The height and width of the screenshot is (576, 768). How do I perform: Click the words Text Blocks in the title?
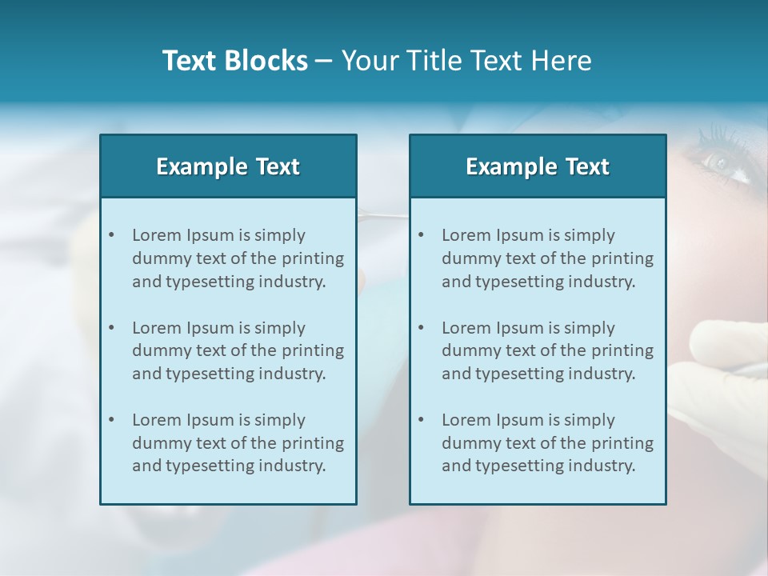(234, 61)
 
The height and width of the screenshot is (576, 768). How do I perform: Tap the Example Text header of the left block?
(228, 166)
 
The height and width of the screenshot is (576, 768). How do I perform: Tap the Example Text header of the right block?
(538, 166)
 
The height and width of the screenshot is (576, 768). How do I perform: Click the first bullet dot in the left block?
(111, 235)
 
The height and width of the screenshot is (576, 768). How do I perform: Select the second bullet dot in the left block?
(111, 328)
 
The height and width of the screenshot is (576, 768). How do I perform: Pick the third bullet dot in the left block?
(111, 420)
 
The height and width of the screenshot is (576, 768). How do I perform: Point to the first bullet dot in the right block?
(421, 235)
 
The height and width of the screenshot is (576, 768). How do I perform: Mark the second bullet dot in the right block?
(421, 328)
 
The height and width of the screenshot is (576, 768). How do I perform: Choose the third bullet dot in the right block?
(421, 420)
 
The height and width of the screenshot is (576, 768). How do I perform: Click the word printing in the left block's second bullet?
(314, 350)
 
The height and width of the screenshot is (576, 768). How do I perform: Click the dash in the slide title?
(324, 61)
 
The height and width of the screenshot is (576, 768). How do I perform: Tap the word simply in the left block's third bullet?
(280, 420)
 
